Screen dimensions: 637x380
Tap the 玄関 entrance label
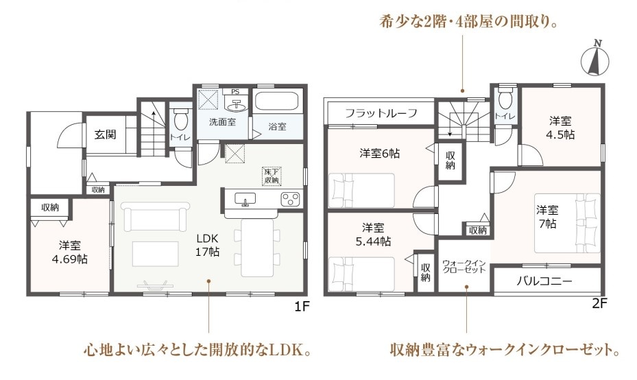(105, 134)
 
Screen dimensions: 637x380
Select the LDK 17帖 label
(207, 246)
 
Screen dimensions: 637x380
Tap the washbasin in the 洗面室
(235, 104)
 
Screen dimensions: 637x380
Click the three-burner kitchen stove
(290, 199)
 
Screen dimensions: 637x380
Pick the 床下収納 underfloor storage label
(272, 176)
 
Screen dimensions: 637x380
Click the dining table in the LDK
(258, 248)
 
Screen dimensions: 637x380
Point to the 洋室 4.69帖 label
(69, 252)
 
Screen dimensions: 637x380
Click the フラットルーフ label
(381, 112)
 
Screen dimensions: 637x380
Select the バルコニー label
(544, 281)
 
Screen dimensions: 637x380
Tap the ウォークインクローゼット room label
(464, 267)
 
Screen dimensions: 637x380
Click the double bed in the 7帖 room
(567, 223)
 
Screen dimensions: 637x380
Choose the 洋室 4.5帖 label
(560, 128)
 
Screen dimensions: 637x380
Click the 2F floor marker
(599, 303)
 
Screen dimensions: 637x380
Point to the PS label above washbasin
(235, 92)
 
